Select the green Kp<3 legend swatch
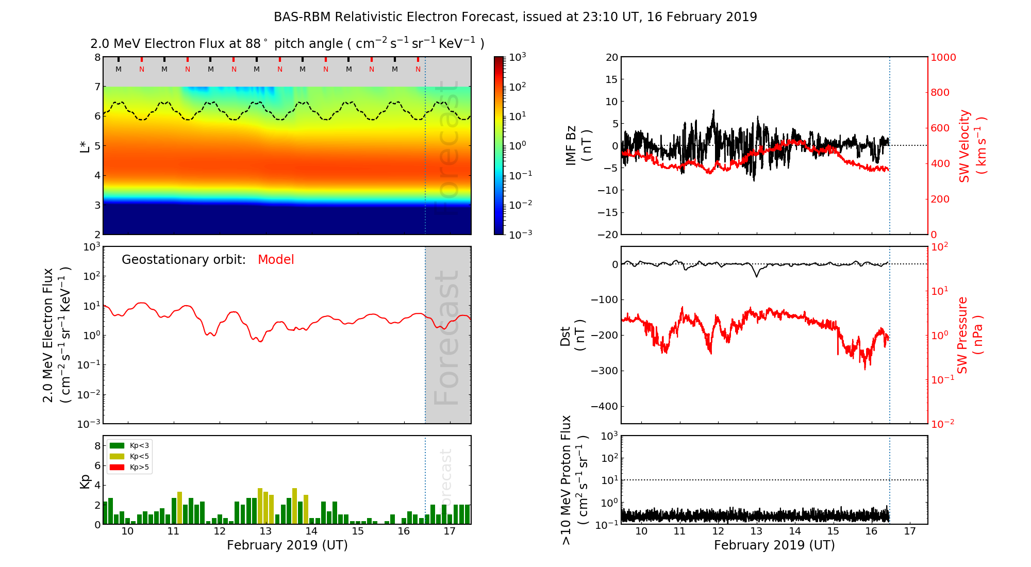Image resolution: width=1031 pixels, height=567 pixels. (117, 445)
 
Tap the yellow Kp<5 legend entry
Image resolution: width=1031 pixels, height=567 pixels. (129, 456)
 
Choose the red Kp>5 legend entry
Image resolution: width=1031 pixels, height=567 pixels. (129, 468)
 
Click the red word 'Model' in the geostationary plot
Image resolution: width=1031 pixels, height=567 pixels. (276, 260)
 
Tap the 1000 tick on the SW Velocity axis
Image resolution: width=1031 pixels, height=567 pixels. (943, 57)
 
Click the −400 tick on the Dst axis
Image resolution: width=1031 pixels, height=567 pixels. (605, 406)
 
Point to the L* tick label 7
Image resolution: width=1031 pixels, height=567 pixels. (97, 87)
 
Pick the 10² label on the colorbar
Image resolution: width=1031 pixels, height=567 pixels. (518, 87)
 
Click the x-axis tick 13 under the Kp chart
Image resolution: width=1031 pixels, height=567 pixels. (265, 531)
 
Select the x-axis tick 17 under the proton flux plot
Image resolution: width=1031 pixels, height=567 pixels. (910, 531)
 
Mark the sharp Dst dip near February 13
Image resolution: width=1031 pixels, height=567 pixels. (757, 276)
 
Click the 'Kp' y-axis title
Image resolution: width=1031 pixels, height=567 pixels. (85, 481)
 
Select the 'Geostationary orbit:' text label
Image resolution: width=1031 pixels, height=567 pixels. (184, 260)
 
